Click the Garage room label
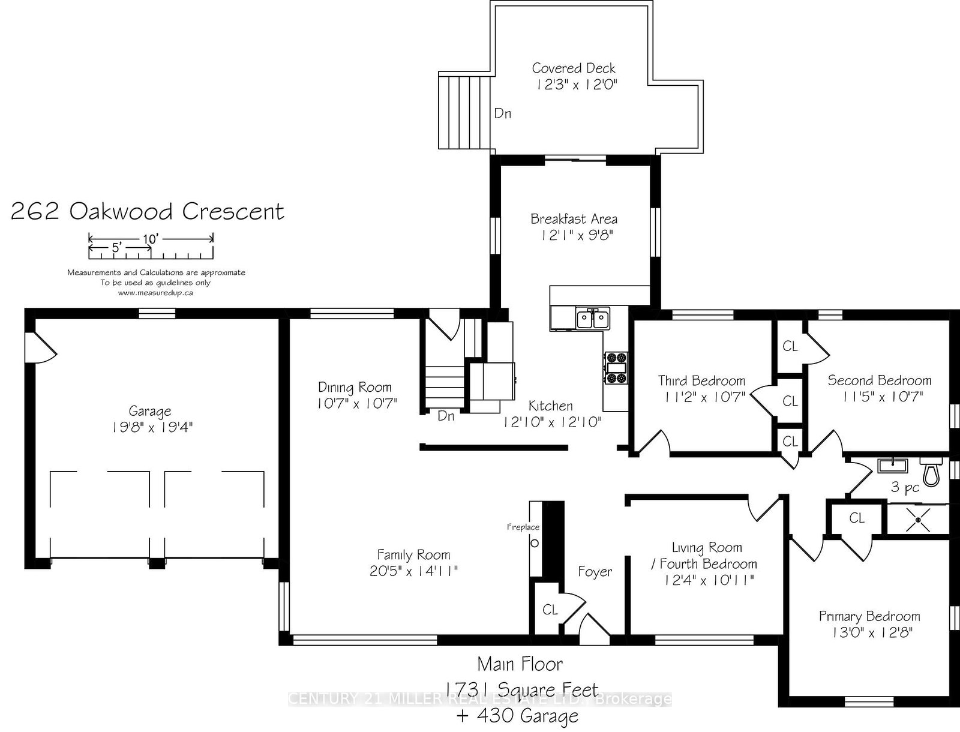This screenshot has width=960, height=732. tap(150, 412)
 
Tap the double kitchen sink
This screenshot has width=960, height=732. tap(593, 319)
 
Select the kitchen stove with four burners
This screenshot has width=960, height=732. tap(616, 368)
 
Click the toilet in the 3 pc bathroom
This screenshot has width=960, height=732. tap(931, 472)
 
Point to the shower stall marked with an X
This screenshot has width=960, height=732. tap(918, 518)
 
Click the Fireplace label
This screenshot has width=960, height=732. tap(523, 527)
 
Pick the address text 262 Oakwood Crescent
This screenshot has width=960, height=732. tap(148, 211)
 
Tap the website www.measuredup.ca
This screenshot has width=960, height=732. tap(155, 293)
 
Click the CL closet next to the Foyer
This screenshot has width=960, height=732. tap(550, 610)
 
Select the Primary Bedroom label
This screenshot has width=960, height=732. tap(869, 616)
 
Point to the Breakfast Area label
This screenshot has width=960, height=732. tap(574, 219)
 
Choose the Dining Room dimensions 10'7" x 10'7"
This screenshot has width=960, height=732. tap(358, 403)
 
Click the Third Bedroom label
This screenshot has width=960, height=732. tap(701, 380)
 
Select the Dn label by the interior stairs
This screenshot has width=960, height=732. tap(446, 416)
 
